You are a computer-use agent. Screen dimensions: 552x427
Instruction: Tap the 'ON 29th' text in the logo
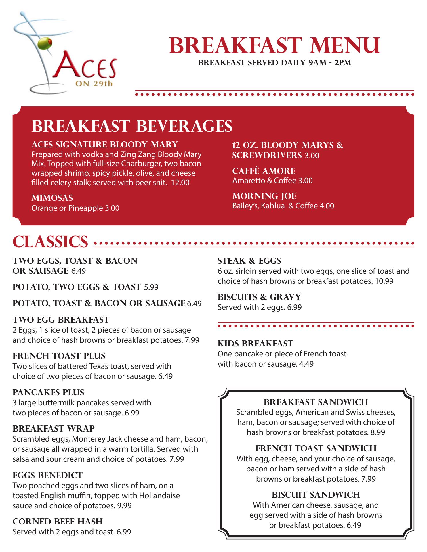[94, 84]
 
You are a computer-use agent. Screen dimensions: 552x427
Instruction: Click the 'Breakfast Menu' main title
[274, 45]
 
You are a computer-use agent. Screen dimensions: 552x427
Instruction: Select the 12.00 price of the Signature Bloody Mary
[180, 183]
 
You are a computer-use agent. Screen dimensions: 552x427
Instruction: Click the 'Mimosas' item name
[52, 198]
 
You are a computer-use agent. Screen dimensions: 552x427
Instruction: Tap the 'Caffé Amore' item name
[264, 171]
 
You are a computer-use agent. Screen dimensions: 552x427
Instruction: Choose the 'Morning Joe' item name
[264, 196]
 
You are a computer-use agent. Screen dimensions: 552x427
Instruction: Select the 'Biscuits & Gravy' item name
[259, 297]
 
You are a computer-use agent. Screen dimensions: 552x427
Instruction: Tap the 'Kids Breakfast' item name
[255, 344]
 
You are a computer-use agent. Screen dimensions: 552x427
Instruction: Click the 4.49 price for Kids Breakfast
[306, 364]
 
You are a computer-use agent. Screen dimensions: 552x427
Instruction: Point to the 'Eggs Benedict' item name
[47, 475]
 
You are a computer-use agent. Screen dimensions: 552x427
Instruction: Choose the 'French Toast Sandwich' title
[316, 448]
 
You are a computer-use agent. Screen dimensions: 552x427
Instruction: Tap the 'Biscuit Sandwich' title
[316, 494]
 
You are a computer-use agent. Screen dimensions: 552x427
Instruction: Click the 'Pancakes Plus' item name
[48, 392]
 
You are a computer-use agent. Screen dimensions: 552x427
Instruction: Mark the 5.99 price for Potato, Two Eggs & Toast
[151, 287]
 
